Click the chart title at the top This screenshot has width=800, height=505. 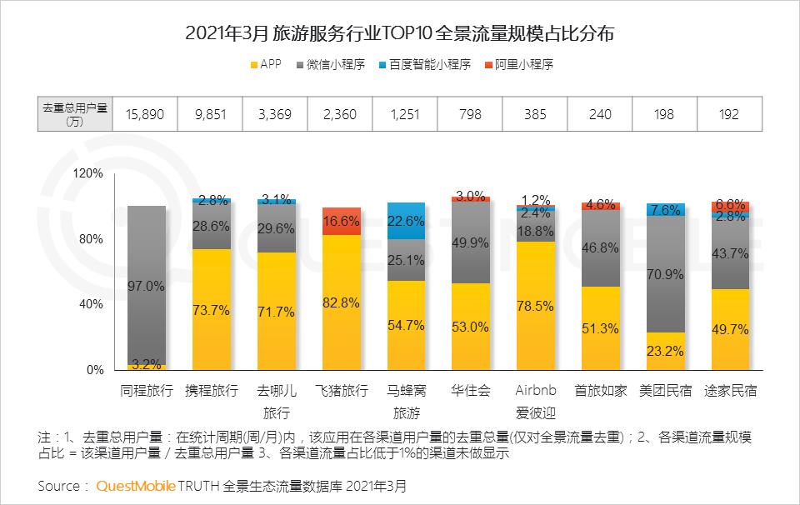tap(400, 34)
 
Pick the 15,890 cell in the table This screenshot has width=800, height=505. tap(146, 114)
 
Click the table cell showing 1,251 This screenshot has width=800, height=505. tap(405, 114)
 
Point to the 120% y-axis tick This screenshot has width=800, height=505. tap(87, 173)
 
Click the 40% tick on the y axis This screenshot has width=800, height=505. tap(91, 304)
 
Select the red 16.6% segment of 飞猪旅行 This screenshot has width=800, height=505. tap(341, 221)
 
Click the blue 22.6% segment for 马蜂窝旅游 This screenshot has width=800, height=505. tap(406, 221)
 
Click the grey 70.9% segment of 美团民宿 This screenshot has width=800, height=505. tap(666, 273)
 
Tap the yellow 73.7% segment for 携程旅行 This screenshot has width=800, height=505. tap(211, 308)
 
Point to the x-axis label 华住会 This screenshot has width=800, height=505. tap(471, 391)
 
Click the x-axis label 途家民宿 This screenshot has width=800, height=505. tap(730, 391)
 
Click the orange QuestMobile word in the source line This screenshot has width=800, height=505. tap(132, 485)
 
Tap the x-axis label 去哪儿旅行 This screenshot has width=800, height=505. tap(276, 401)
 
